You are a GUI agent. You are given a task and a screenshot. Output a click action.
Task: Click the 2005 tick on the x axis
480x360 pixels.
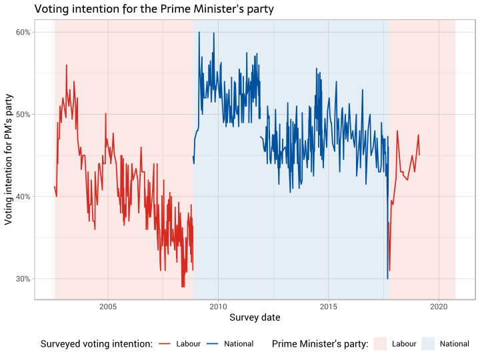[x=108, y=307]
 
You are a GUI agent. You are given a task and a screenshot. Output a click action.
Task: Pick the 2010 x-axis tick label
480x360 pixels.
[x=218, y=307]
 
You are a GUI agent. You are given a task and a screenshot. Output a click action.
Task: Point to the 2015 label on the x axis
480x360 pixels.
[x=329, y=307]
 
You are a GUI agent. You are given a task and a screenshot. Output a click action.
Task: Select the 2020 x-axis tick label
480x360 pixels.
[x=439, y=307]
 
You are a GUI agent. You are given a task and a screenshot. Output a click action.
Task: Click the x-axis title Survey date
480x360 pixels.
[x=255, y=318]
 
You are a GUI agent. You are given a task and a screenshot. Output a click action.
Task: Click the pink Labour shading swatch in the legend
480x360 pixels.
[x=380, y=344]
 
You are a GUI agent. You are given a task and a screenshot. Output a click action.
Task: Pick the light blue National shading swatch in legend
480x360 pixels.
[x=428, y=344]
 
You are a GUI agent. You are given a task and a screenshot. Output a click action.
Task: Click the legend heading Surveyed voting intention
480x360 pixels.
[x=97, y=344]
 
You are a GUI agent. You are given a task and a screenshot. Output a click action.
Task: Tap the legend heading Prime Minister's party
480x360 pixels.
[x=320, y=344]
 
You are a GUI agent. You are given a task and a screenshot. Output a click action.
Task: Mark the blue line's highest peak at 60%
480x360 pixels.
[x=215, y=33]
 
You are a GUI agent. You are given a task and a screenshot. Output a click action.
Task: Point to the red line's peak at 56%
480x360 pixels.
[x=67, y=65]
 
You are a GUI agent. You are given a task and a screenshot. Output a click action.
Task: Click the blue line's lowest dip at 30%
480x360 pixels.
[x=387, y=278]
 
